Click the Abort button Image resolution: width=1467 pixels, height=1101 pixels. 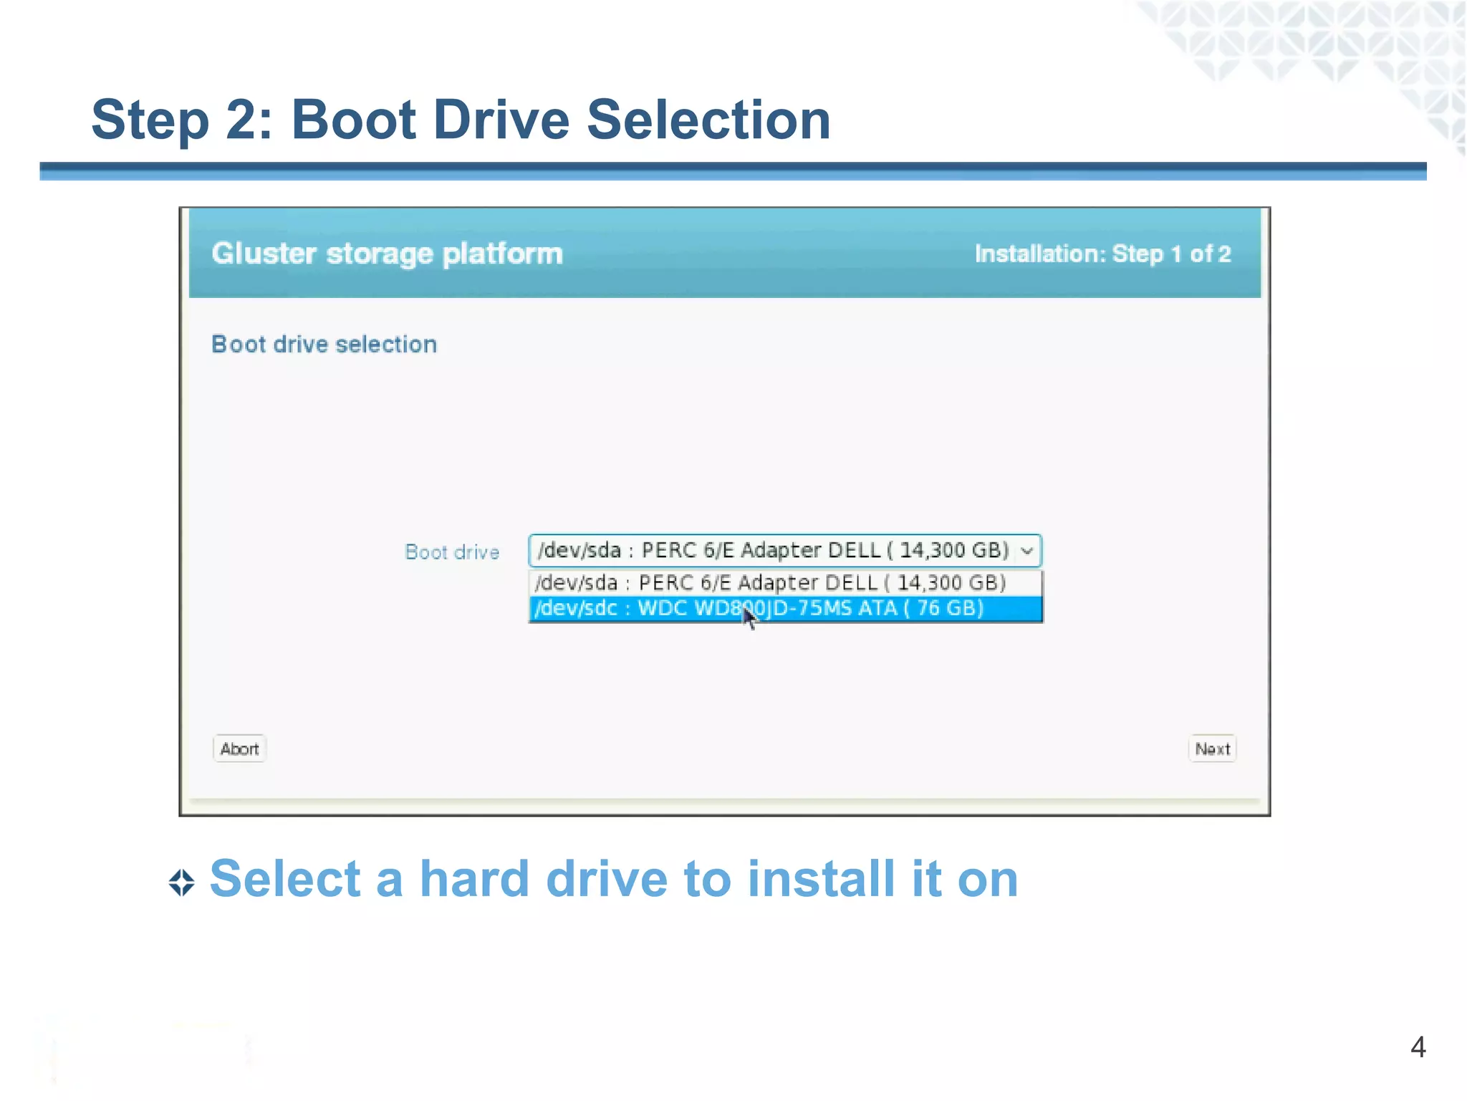tap(239, 749)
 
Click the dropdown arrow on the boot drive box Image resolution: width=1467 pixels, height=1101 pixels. tap(1027, 551)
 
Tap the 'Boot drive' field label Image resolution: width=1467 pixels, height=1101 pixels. tap(452, 552)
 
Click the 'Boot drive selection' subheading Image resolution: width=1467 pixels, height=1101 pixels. tap(324, 345)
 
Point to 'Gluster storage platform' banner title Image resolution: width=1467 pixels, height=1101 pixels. tap(387, 254)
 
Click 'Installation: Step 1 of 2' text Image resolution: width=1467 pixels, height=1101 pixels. tap(1102, 254)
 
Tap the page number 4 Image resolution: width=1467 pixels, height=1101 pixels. tap(1418, 1047)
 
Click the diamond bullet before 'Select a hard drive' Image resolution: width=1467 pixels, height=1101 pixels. tap(182, 883)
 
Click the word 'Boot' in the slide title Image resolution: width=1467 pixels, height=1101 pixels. tap(354, 120)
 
